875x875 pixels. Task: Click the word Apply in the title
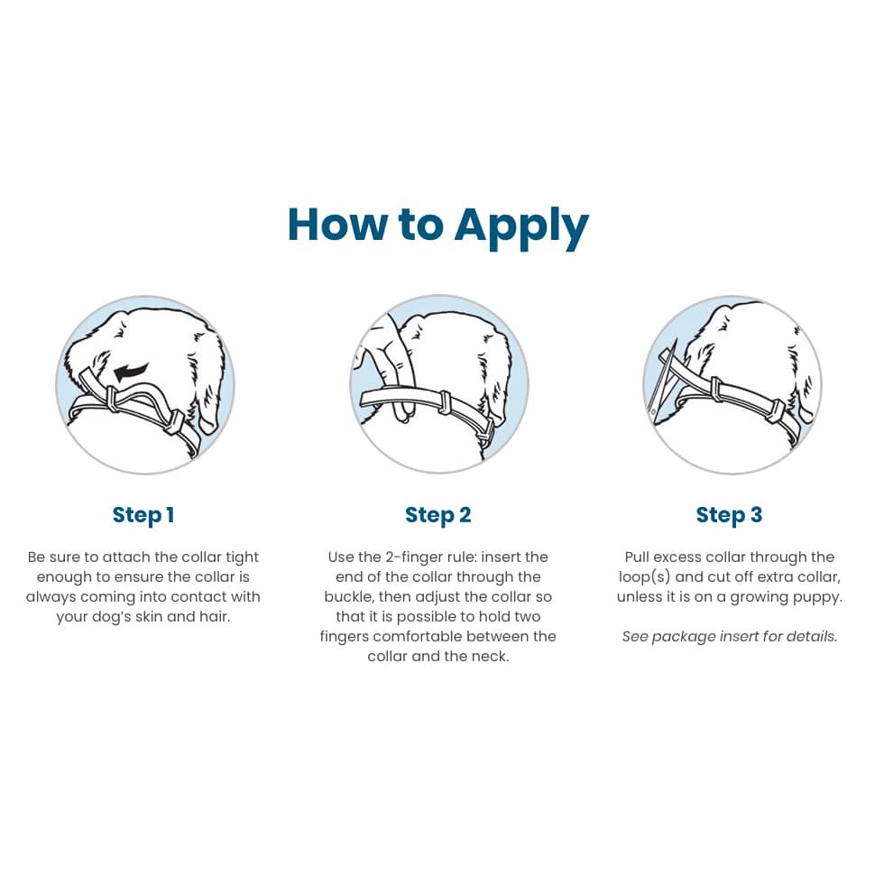(521, 226)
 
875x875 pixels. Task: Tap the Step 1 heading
(143, 515)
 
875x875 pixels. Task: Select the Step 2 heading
(437, 515)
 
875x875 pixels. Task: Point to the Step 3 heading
(729, 515)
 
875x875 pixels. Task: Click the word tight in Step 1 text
(239, 557)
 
